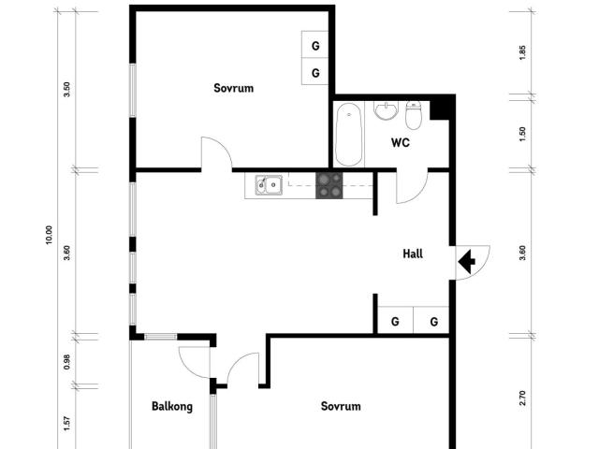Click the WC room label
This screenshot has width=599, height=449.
coord(401,143)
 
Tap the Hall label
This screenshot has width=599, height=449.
coord(414,253)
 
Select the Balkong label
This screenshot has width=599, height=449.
coord(172,406)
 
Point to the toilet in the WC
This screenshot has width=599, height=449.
coord(414,116)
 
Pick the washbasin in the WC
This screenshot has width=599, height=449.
coord(386,111)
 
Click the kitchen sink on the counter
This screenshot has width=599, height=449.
coord(270,184)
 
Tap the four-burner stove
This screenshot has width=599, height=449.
coord(329,184)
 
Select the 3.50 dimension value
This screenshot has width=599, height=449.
coord(66,89)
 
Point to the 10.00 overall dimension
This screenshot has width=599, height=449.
coord(49,235)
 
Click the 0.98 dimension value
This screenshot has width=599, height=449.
coord(66,362)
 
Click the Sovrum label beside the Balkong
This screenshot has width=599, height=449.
coord(341,406)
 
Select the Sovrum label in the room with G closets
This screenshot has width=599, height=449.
coord(234,88)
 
